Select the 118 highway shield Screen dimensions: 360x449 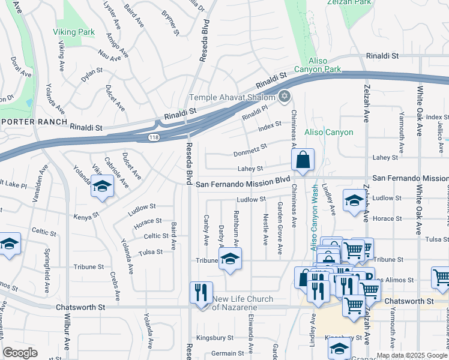154,138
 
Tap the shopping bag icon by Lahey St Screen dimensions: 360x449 303,160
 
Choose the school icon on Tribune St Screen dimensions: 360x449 229,259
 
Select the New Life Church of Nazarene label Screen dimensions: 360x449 243,303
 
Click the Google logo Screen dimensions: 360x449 20,353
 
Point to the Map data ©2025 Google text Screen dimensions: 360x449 412,355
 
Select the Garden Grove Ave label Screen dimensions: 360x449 280,228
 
